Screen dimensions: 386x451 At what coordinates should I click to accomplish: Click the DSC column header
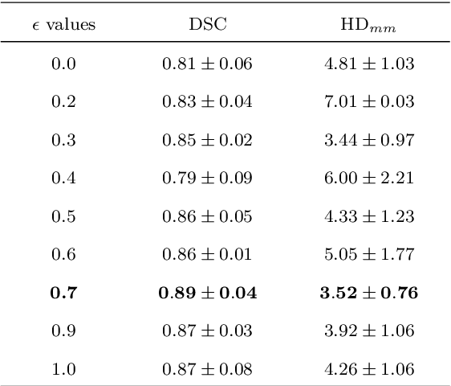(207, 25)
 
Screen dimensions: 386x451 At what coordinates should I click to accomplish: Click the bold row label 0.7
(63, 293)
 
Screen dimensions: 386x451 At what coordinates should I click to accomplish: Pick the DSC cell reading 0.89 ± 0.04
(207, 293)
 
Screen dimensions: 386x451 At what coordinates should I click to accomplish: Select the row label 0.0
(63, 64)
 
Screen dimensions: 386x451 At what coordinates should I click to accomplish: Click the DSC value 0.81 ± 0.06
(207, 64)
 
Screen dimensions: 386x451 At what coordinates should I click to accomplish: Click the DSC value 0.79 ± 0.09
(207, 179)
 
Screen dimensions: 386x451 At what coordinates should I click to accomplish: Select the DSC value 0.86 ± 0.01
(207, 255)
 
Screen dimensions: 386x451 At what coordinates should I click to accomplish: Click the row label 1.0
(63, 369)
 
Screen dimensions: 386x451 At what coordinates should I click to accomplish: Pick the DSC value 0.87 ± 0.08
(207, 369)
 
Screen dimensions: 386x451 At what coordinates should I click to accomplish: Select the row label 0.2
(63, 102)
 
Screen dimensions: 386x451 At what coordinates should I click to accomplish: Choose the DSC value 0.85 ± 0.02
(207, 140)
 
